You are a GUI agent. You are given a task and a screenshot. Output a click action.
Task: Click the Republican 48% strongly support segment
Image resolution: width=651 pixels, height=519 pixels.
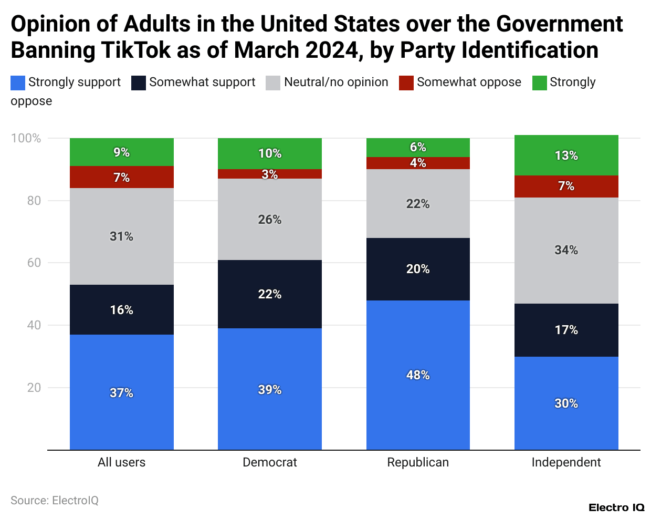[418, 375]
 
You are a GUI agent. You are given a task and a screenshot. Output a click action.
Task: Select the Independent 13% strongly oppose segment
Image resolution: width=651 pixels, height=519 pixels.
[566, 155]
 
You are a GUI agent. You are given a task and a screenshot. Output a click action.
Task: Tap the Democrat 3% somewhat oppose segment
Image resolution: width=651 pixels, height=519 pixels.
[270, 174]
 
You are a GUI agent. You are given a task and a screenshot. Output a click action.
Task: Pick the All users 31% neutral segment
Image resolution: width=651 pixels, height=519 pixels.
[121, 236]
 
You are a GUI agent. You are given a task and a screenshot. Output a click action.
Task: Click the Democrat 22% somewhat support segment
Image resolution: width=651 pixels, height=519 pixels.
[270, 294]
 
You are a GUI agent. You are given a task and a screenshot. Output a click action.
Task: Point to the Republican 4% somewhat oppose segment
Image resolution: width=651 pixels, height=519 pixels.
[418, 163]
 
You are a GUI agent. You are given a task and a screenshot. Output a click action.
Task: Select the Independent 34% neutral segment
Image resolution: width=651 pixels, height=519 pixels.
[566, 250]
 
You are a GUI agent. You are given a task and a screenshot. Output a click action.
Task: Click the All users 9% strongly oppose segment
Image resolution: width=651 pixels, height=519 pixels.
[121, 152]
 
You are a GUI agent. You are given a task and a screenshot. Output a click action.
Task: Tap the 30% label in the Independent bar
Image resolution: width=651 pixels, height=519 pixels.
[566, 403]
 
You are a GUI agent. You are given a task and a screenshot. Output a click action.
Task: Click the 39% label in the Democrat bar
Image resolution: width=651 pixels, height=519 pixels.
[270, 390]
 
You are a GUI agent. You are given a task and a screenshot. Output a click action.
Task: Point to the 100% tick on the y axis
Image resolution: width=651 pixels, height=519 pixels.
[26, 138]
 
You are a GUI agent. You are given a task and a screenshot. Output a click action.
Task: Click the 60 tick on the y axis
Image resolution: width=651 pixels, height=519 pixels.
[34, 263]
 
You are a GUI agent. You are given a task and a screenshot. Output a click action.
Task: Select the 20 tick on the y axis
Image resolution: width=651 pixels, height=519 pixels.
[34, 388]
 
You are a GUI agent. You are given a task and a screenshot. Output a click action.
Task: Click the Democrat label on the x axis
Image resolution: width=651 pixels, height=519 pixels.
[270, 462]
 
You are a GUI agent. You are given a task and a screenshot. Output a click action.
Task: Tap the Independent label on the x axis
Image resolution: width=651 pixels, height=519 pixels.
[566, 462]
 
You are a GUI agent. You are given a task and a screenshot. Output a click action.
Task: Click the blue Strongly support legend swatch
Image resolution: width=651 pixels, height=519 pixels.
[18, 82]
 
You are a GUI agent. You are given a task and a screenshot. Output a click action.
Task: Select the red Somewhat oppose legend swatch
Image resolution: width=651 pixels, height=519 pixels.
[406, 82]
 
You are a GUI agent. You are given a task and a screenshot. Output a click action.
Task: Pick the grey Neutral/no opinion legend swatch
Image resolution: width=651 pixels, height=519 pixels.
[273, 82]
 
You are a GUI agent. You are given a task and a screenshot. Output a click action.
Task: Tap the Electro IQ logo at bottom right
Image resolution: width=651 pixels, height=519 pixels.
[616, 507]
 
